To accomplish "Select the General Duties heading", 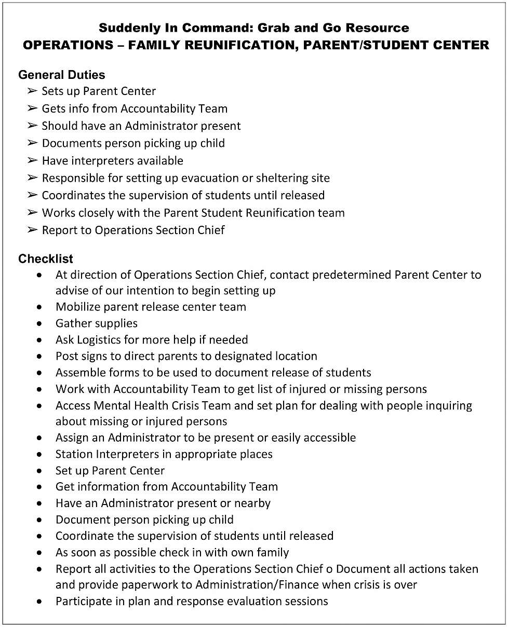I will (x=61, y=75).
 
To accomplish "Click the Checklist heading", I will (x=46, y=258).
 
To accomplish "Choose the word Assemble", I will (x=79, y=373).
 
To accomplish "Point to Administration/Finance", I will (x=257, y=585).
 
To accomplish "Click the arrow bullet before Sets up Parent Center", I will (x=32, y=91).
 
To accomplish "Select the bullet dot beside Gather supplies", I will (x=40, y=323).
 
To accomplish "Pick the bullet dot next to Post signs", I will (x=40, y=357).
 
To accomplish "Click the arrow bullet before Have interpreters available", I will (x=32, y=161).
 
